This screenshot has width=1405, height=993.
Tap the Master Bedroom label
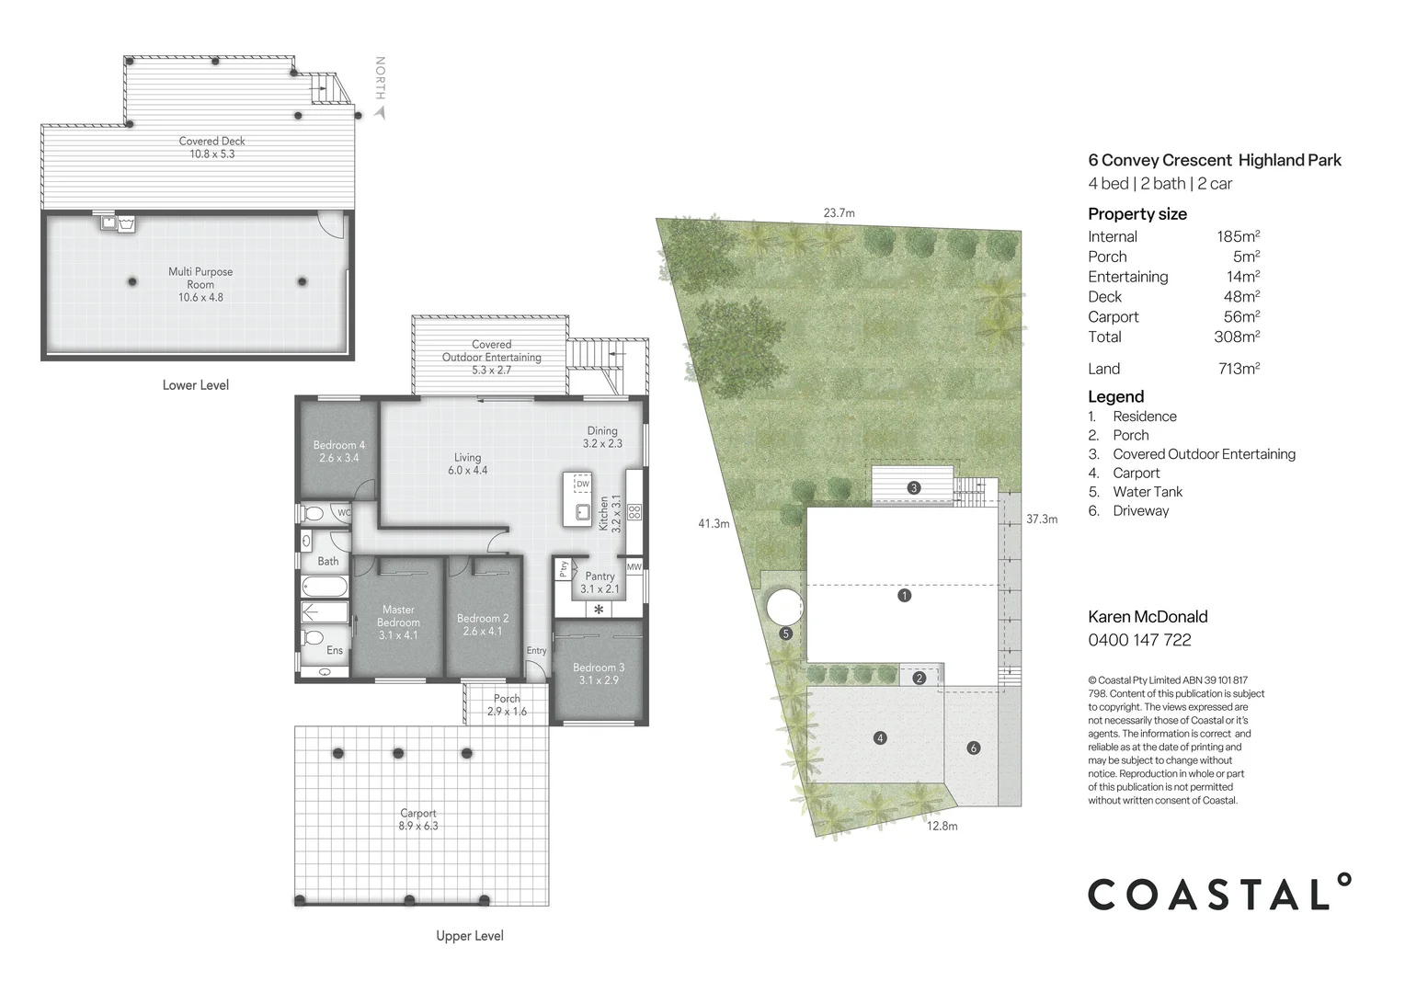[398, 622]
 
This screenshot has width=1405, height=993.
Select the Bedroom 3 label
[598, 673]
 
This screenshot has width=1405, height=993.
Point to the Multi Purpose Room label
[200, 284]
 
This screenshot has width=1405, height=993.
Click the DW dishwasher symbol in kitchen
[582, 484]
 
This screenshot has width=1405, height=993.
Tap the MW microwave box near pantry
[634, 567]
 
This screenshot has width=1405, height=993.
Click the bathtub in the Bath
[325, 586]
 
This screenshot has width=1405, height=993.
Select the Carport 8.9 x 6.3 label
[418, 819]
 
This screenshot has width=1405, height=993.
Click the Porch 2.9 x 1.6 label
[507, 704]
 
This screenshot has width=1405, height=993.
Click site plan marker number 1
[905, 596]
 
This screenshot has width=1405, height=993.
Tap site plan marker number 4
[880, 737]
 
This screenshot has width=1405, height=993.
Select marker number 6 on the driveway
[974, 748]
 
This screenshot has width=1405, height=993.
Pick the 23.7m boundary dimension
[839, 213]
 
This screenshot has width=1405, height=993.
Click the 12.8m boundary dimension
[942, 826]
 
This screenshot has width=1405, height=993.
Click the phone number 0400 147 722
[1139, 640]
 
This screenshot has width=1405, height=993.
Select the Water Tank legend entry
[1148, 492]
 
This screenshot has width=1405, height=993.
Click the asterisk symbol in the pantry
[599, 610]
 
